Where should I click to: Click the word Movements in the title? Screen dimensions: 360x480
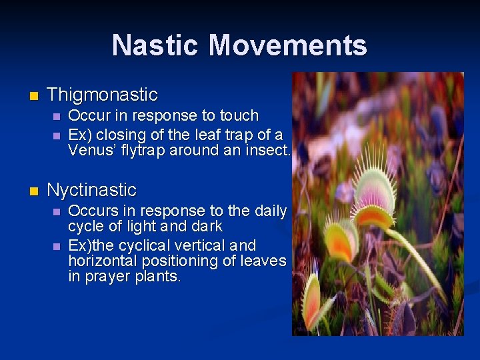287,45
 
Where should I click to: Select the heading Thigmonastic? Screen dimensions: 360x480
103,95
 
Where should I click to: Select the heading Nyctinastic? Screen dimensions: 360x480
92,190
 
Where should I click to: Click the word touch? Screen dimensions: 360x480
239,115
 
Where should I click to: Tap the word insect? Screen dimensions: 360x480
269,150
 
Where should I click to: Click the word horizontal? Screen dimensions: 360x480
102,261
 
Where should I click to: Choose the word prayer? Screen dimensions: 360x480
106,276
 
